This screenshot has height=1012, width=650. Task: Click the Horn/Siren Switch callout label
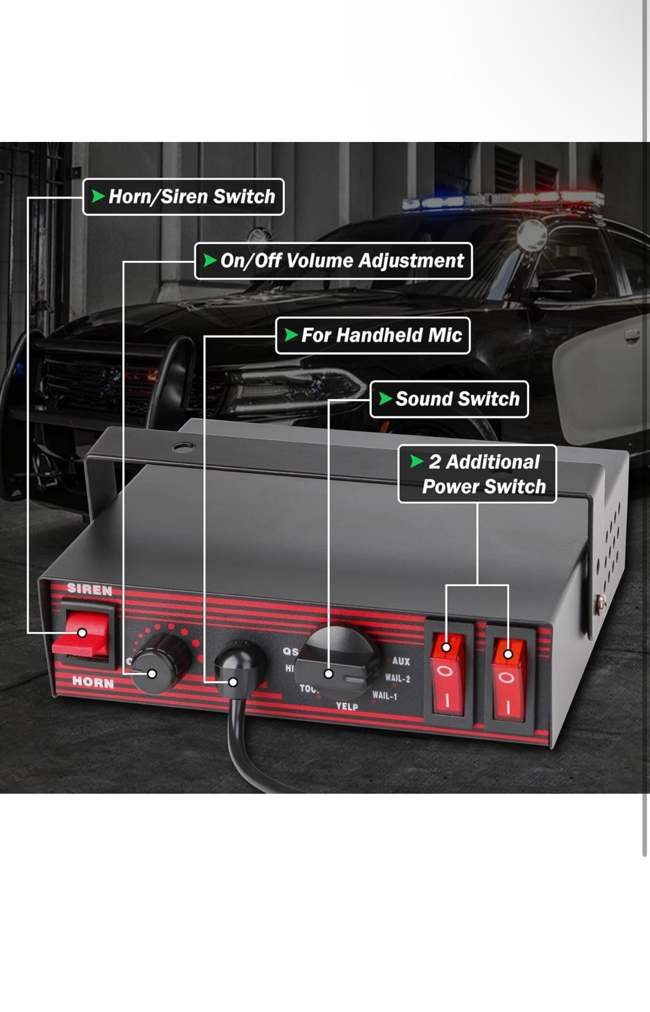pyautogui.click(x=183, y=197)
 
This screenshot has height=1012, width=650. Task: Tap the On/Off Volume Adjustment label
pyautogui.click(x=333, y=261)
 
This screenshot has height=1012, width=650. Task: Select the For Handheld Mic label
pyautogui.click(x=373, y=335)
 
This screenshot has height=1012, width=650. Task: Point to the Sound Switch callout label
pyautogui.click(x=449, y=399)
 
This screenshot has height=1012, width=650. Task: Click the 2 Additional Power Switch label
pyautogui.click(x=477, y=474)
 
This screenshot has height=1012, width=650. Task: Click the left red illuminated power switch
pyautogui.click(x=447, y=674)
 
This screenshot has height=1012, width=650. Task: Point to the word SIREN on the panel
pyautogui.click(x=89, y=589)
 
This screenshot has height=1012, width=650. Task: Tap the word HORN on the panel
pyautogui.click(x=93, y=683)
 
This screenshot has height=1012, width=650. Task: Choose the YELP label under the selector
pyautogui.click(x=347, y=706)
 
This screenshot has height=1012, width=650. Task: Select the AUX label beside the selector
pyautogui.click(x=401, y=661)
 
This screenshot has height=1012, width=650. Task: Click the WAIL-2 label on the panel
pyautogui.click(x=397, y=678)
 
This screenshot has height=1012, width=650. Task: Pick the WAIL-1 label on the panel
pyautogui.click(x=385, y=696)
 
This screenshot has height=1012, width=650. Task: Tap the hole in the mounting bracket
pyautogui.click(x=183, y=447)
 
